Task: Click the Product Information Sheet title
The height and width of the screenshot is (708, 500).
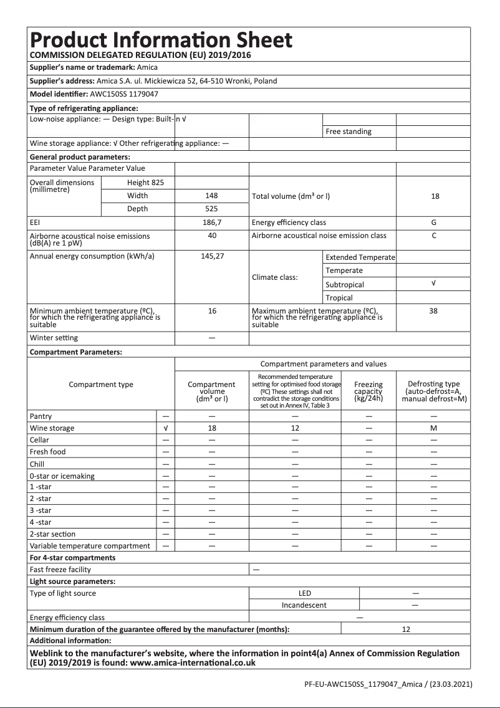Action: pos(161,40)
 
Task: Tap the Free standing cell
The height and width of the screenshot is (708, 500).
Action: pos(348,132)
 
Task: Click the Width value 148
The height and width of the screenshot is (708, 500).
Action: pos(212,196)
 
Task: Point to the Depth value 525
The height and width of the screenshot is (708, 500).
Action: pos(212,209)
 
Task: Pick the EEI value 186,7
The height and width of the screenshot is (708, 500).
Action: pos(212,222)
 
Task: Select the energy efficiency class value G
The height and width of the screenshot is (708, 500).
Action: pos(434,222)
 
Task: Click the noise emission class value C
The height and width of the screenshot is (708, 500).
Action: pos(434,236)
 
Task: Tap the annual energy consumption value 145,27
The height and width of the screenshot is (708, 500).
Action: pos(212,256)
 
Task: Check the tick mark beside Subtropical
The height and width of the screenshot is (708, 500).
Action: pos(434,284)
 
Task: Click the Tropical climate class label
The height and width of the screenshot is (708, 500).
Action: pos(339,298)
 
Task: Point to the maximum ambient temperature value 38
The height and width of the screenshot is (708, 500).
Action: pos(434,310)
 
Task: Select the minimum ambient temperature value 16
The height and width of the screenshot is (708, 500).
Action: pos(212,310)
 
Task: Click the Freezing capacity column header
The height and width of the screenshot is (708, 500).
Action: pos(368,391)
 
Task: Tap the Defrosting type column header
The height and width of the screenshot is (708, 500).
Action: pos(434,391)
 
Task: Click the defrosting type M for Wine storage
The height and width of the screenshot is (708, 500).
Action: pos(434,428)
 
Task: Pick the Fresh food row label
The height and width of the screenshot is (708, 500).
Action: pos(47,452)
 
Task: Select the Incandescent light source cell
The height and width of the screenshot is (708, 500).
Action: pos(304,605)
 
